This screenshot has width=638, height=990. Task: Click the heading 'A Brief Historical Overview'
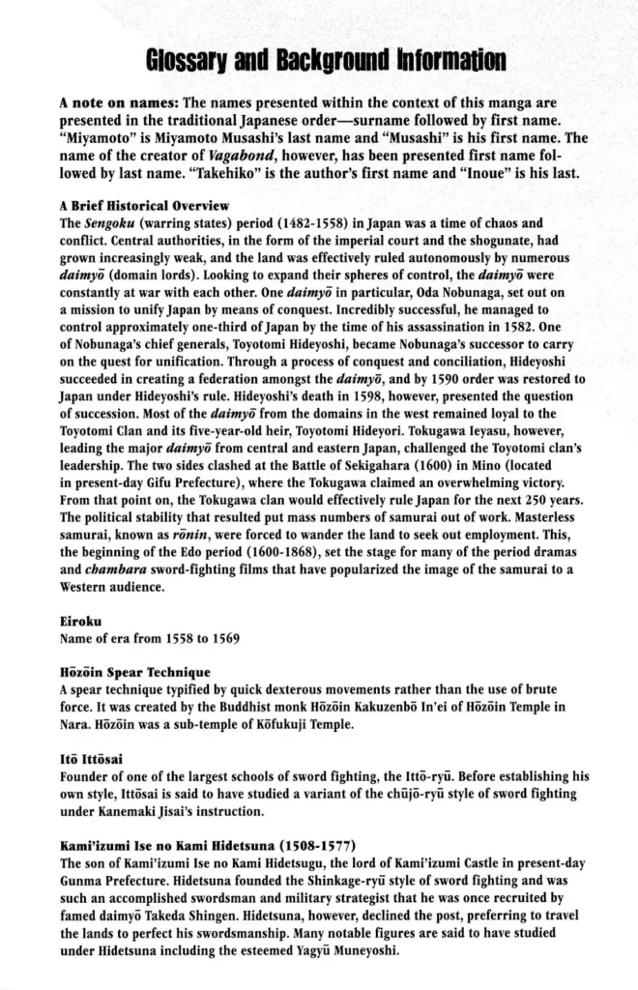[144, 206]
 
